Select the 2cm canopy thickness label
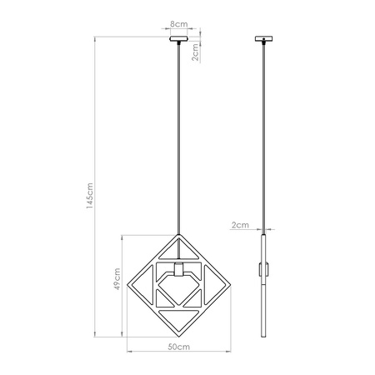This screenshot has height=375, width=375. click(193, 53)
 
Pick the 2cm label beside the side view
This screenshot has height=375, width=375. click(240, 225)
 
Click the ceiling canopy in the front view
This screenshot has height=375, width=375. click(179, 39)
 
